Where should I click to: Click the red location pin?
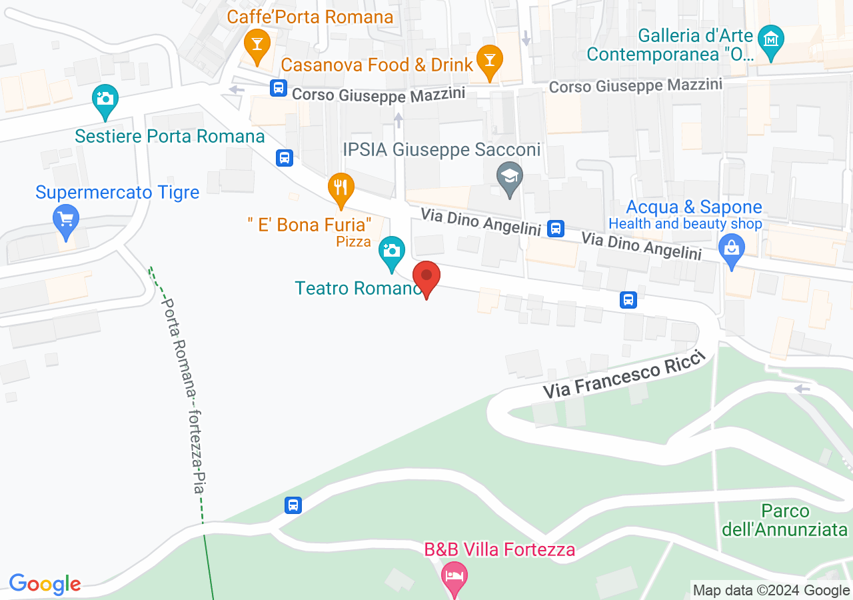click(426, 277)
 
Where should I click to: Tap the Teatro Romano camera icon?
click(391, 251)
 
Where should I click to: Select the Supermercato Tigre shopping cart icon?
click(66, 219)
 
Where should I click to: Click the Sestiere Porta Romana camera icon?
click(105, 99)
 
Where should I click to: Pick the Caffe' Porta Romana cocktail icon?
click(256, 45)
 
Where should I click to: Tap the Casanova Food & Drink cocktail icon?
click(490, 61)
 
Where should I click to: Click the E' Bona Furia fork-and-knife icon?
click(341, 187)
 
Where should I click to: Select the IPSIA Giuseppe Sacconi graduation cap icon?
click(510, 177)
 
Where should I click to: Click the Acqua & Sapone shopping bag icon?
click(732, 249)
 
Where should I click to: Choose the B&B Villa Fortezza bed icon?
click(454, 575)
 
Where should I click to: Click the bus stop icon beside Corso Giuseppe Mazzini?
click(279, 87)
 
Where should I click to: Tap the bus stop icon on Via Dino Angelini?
click(555, 229)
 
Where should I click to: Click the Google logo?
click(45, 584)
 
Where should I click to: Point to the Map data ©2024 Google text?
click(771, 590)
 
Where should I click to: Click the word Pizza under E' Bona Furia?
click(353, 241)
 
